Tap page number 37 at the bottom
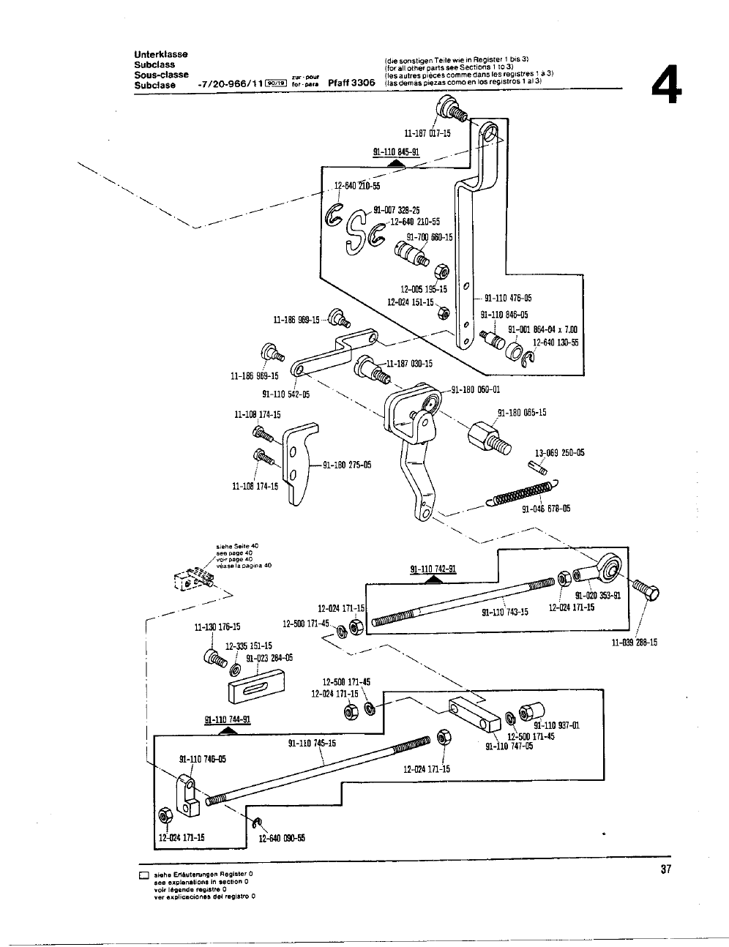click(x=665, y=869)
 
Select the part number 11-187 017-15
click(x=427, y=133)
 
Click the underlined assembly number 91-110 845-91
click(x=396, y=152)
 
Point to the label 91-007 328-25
click(x=397, y=211)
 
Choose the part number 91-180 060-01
click(x=476, y=390)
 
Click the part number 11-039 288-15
click(x=634, y=643)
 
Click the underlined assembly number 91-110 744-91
click(x=228, y=719)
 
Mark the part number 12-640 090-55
click(x=282, y=839)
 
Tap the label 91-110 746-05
click(x=202, y=758)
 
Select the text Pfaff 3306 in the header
click(x=351, y=83)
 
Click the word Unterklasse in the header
click(x=161, y=54)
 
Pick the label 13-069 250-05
click(x=560, y=453)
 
